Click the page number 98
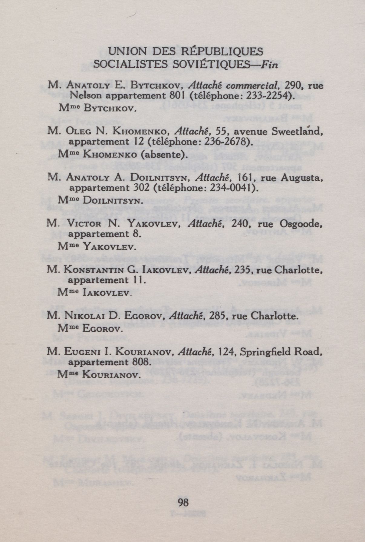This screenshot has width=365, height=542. pos(183,502)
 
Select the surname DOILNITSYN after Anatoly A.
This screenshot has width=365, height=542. pos(161,178)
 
